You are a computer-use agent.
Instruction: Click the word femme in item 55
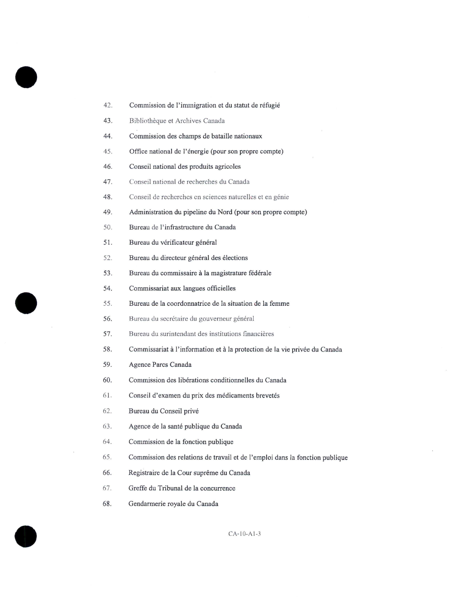(x=280, y=304)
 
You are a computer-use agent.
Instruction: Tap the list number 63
(x=107, y=427)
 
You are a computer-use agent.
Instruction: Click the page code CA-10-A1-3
(x=244, y=534)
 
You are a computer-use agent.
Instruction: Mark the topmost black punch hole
(x=26, y=77)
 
